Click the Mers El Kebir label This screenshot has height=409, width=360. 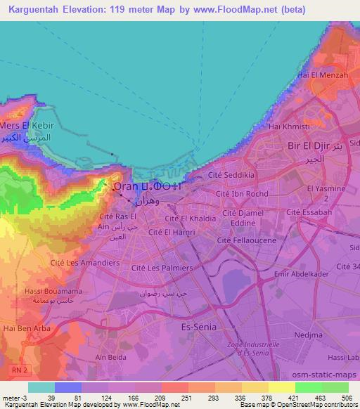(27, 125)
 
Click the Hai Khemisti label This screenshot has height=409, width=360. (295, 126)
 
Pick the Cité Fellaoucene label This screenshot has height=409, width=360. (246, 240)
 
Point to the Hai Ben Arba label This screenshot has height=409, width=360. (22, 327)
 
